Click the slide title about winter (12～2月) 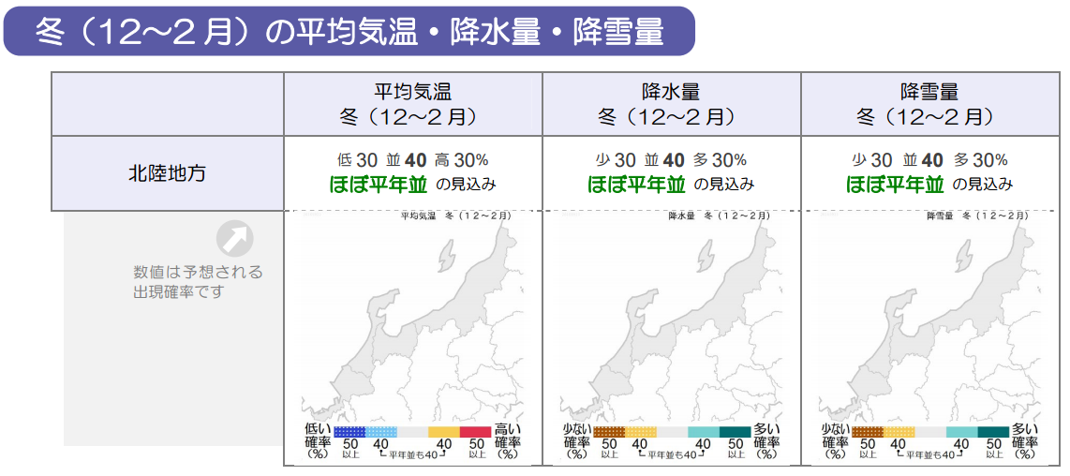[349, 32]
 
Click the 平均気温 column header [412, 104]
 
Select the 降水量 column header [671, 104]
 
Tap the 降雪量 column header [929, 104]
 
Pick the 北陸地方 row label [167, 173]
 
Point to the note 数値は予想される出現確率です [198, 282]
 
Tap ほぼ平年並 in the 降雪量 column [895, 184]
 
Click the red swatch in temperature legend [475, 432]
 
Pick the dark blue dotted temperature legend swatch [349, 432]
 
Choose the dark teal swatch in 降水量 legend [735, 432]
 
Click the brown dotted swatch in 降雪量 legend [868, 432]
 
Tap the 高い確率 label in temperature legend [508, 440]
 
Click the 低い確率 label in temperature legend [318, 440]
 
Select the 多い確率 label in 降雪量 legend [1025, 440]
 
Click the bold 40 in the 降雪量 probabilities [932, 160]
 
